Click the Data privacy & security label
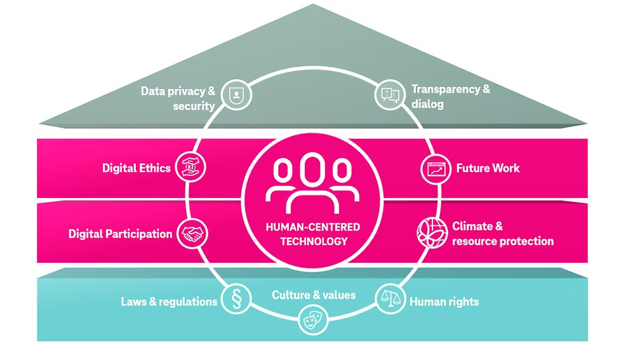[178, 98]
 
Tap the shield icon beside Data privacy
[236, 97]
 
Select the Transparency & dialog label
[450, 96]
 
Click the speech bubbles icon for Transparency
[390, 96]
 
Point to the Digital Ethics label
[136, 168]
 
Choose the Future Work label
[487, 168]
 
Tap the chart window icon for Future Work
[435, 169]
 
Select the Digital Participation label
[120, 234]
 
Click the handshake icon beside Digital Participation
[191, 234]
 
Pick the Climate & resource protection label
[502, 234]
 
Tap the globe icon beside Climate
[430, 233]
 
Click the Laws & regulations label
[169, 302]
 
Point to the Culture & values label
[314, 295]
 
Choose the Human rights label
[444, 302]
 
